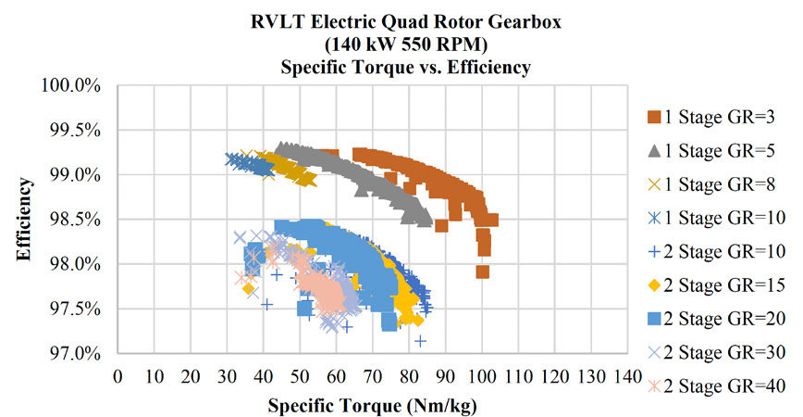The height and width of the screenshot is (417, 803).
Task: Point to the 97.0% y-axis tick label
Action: [x=73, y=354]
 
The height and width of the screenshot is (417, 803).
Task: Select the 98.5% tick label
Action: [x=73, y=220]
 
